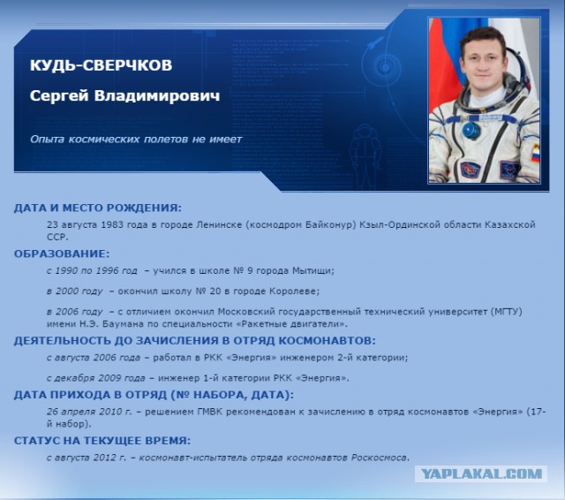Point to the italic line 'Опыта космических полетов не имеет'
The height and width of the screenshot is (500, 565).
click(x=136, y=139)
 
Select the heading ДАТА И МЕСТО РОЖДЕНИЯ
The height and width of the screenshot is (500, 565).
click(x=97, y=208)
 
